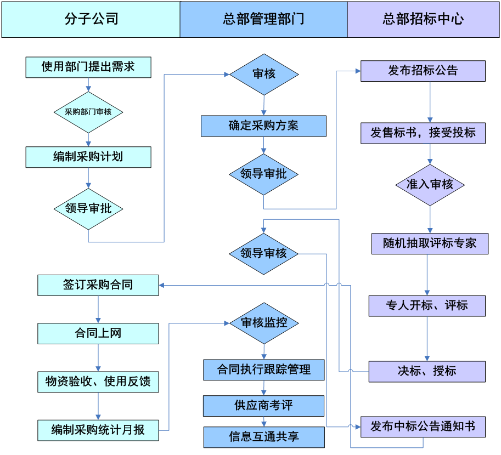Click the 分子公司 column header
pyautogui.click(x=91, y=19)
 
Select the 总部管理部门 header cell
pyautogui.click(x=263, y=19)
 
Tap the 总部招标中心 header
pyautogui.click(x=423, y=19)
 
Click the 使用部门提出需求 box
pyautogui.click(x=88, y=67)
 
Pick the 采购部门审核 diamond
pyautogui.click(x=88, y=112)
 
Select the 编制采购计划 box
pyautogui.click(x=88, y=157)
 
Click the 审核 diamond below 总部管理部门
pyautogui.click(x=264, y=74)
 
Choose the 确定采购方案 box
pyautogui.click(x=263, y=126)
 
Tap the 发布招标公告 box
pyautogui.click(x=423, y=71)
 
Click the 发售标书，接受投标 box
pyautogui.click(x=423, y=133)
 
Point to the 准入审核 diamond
pyautogui.click(x=430, y=185)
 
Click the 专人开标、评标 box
pyautogui.click(x=426, y=305)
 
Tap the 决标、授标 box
pyautogui.click(x=426, y=371)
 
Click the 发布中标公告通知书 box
pyautogui.click(x=423, y=426)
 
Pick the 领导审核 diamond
pyautogui.click(x=264, y=253)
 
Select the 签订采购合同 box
pyautogui.click(x=98, y=285)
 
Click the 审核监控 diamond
pyautogui.click(x=264, y=323)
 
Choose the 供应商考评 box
pyautogui.click(x=263, y=406)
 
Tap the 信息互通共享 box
pyautogui.click(x=264, y=437)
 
